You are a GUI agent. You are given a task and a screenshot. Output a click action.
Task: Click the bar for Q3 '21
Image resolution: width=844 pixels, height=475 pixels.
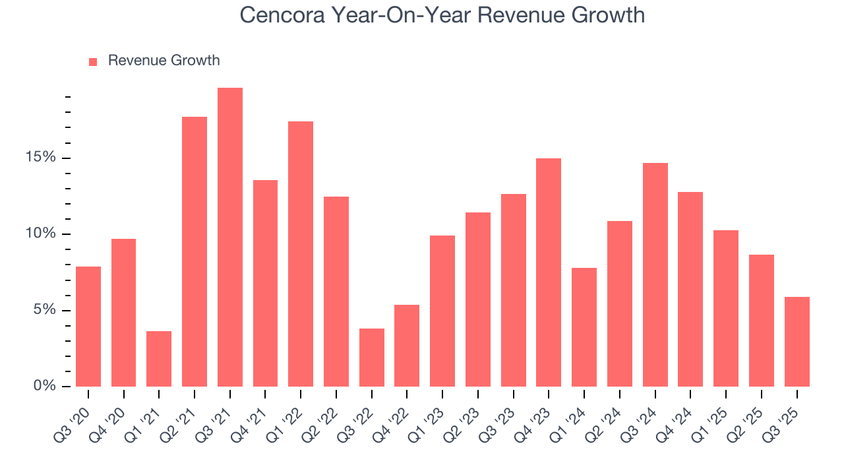[230, 237]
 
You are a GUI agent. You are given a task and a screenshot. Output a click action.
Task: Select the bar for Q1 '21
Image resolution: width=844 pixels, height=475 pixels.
[159, 359]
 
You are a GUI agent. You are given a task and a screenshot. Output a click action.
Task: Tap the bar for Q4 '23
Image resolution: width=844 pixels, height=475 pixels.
[549, 272]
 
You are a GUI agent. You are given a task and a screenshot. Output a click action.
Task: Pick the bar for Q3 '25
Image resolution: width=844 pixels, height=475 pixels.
[797, 342]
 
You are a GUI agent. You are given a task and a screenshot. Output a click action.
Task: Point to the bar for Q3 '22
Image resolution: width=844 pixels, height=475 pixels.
[371, 358]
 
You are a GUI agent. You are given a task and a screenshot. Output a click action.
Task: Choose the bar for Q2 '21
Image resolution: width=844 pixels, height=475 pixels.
[195, 251]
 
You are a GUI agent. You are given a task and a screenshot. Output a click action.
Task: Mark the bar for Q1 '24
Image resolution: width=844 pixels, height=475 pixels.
[584, 327]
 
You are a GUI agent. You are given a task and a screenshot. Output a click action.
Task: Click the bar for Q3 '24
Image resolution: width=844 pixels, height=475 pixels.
[655, 274]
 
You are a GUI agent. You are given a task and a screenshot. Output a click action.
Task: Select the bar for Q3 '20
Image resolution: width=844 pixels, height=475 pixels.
[88, 327]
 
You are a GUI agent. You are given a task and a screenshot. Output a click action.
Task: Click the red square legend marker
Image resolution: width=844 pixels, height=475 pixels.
[93, 61]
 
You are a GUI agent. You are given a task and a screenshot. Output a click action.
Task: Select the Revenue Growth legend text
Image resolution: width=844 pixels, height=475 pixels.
[164, 61]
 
